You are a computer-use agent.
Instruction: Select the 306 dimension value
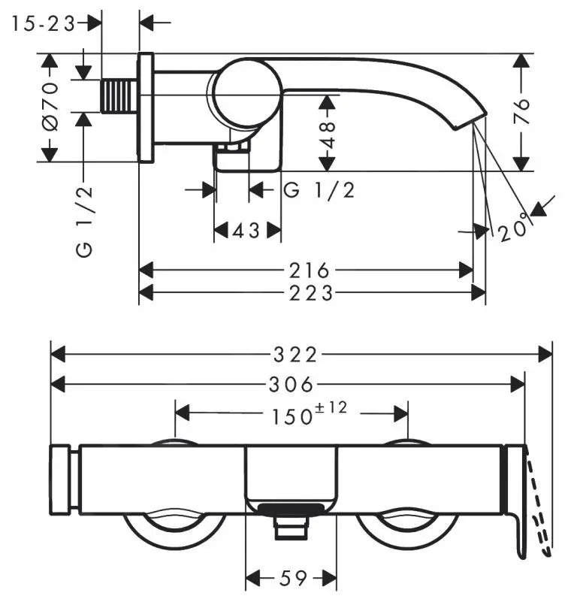[x=290, y=385]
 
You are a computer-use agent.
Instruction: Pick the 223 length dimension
[x=310, y=292]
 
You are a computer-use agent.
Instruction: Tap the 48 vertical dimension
[x=327, y=132]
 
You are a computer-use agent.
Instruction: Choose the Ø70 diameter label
[x=50, y=107]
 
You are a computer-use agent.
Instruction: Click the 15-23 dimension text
[x=44, y=23]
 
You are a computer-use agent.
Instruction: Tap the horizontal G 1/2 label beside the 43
[x=319, y=190]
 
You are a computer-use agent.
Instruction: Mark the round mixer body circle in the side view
[x=246, y=92]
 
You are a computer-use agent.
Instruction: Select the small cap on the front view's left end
[x=60, y=480]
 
